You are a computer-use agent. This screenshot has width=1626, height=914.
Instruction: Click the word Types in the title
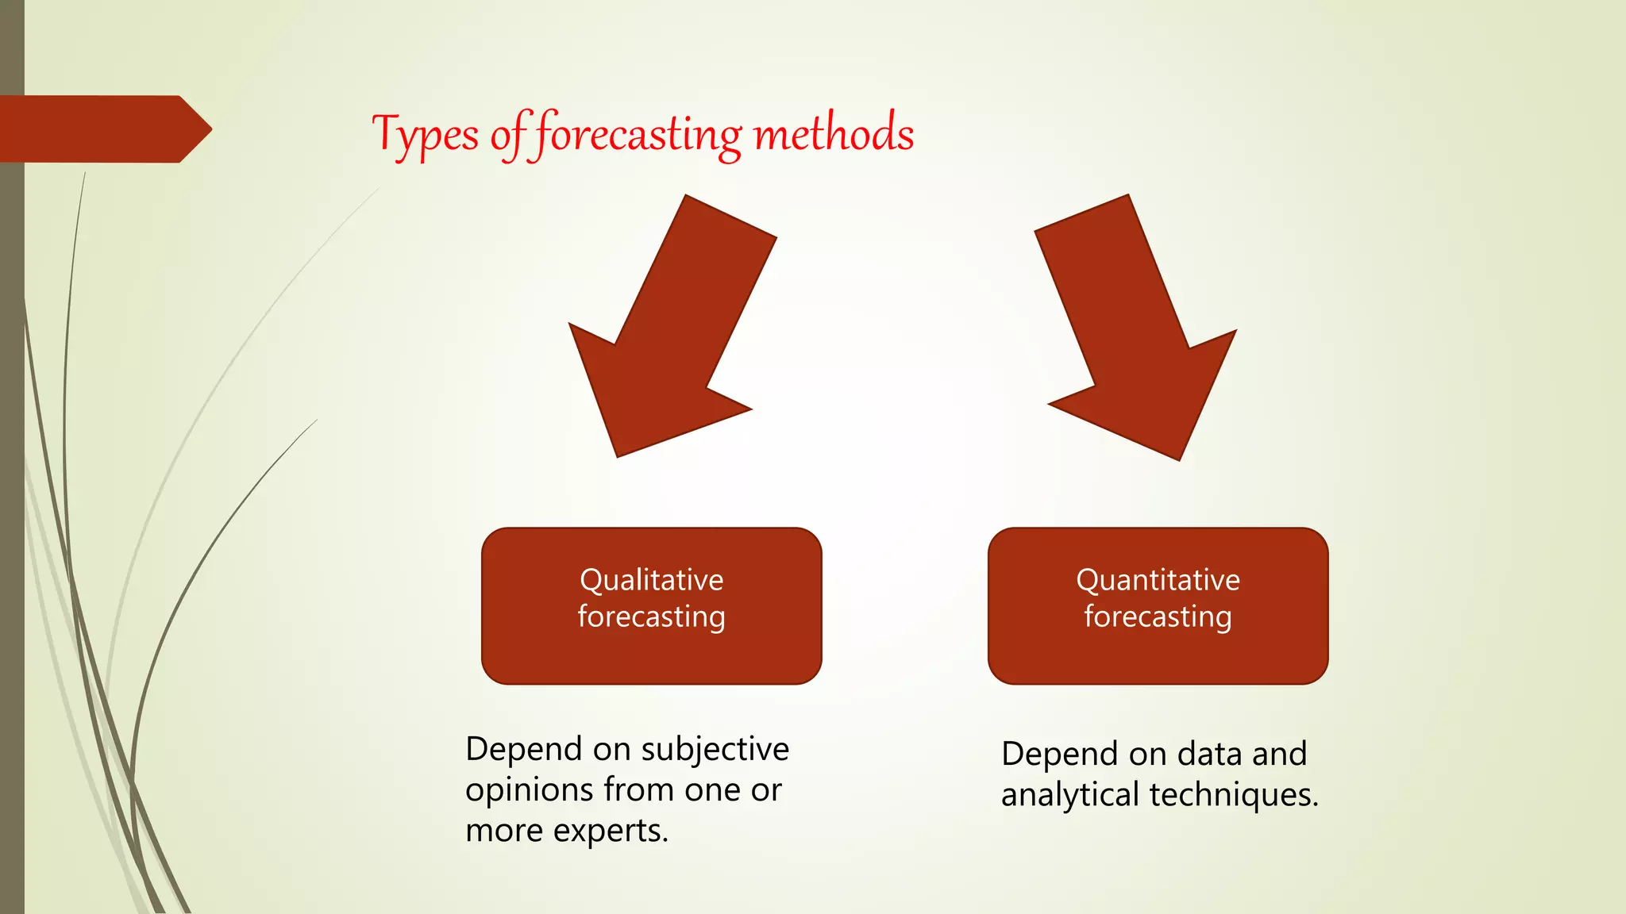426,135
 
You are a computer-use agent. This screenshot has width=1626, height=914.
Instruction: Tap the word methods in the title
834,133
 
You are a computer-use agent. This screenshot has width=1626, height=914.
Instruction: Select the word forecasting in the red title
638,135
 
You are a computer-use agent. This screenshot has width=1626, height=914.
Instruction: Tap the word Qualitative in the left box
651,580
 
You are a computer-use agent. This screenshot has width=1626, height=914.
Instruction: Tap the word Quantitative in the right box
1158,580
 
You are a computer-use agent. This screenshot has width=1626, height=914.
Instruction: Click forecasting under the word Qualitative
651,617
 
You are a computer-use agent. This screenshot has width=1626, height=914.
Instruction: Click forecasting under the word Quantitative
1158,617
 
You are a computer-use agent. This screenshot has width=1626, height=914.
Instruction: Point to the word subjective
715,750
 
